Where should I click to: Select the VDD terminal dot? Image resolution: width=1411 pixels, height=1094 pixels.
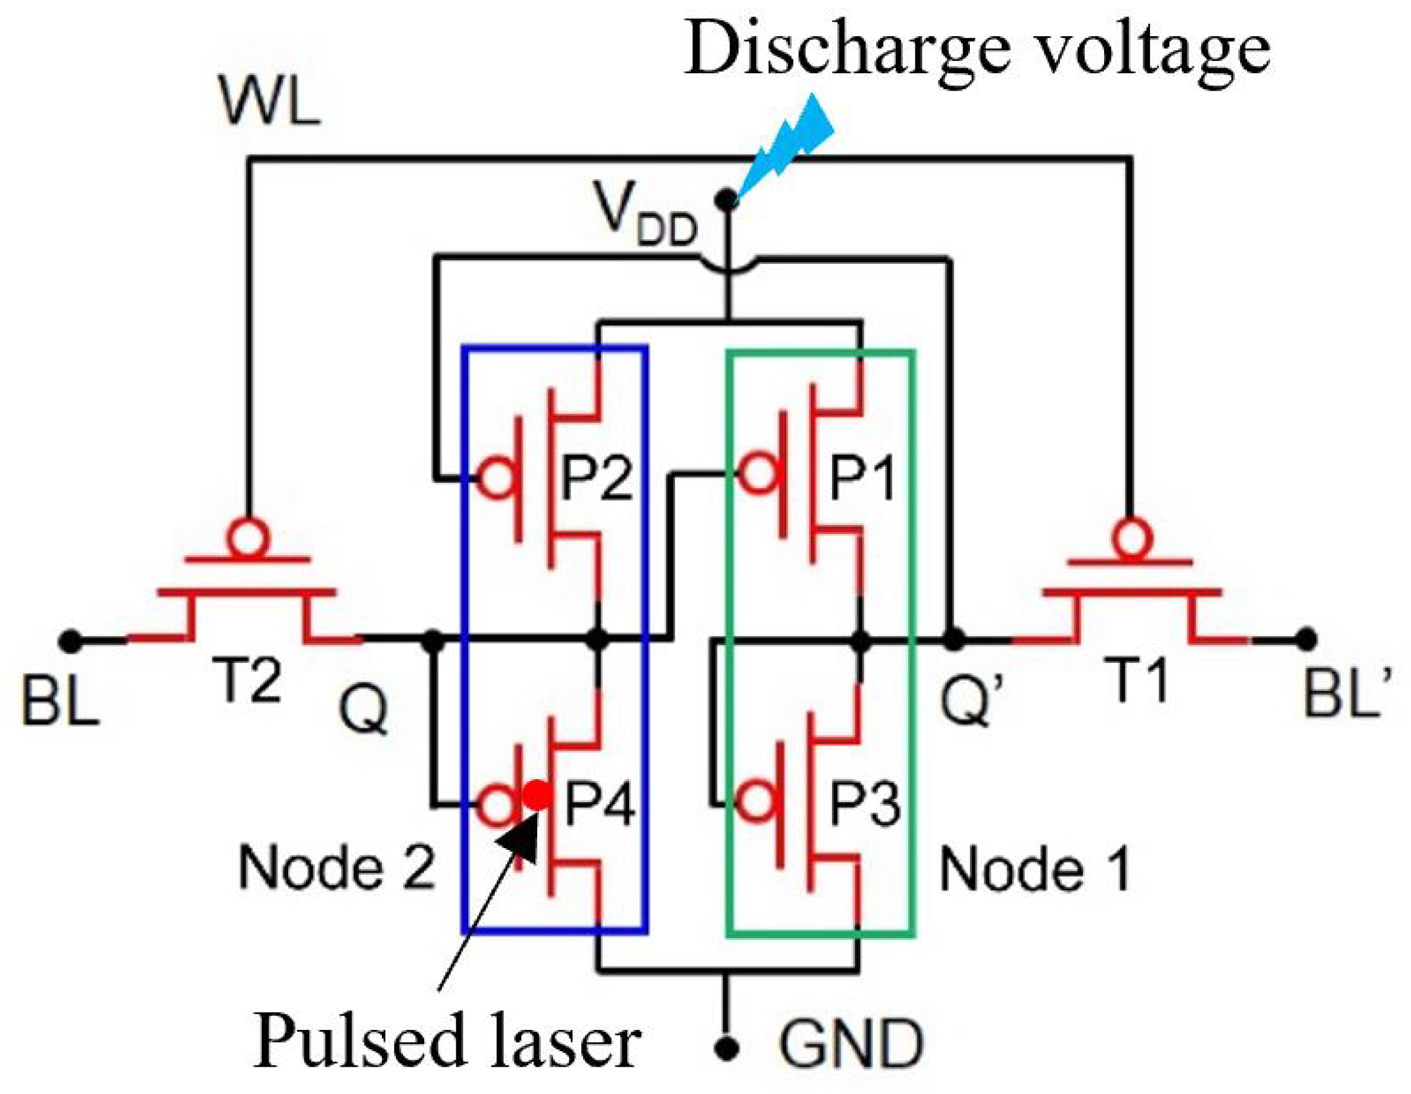pos(728,199)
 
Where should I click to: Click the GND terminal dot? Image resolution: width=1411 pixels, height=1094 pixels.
pos(728,1047)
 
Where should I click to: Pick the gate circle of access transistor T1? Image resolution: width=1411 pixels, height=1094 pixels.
pos(1131,536)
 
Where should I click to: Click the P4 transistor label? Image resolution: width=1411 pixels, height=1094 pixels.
pos(599,805)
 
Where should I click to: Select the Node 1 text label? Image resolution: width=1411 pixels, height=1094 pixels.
pos(1035,869)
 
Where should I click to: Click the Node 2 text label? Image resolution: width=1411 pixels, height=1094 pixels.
pos(337,867)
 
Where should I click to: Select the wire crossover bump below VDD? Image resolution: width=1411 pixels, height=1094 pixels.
pos(728,268)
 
